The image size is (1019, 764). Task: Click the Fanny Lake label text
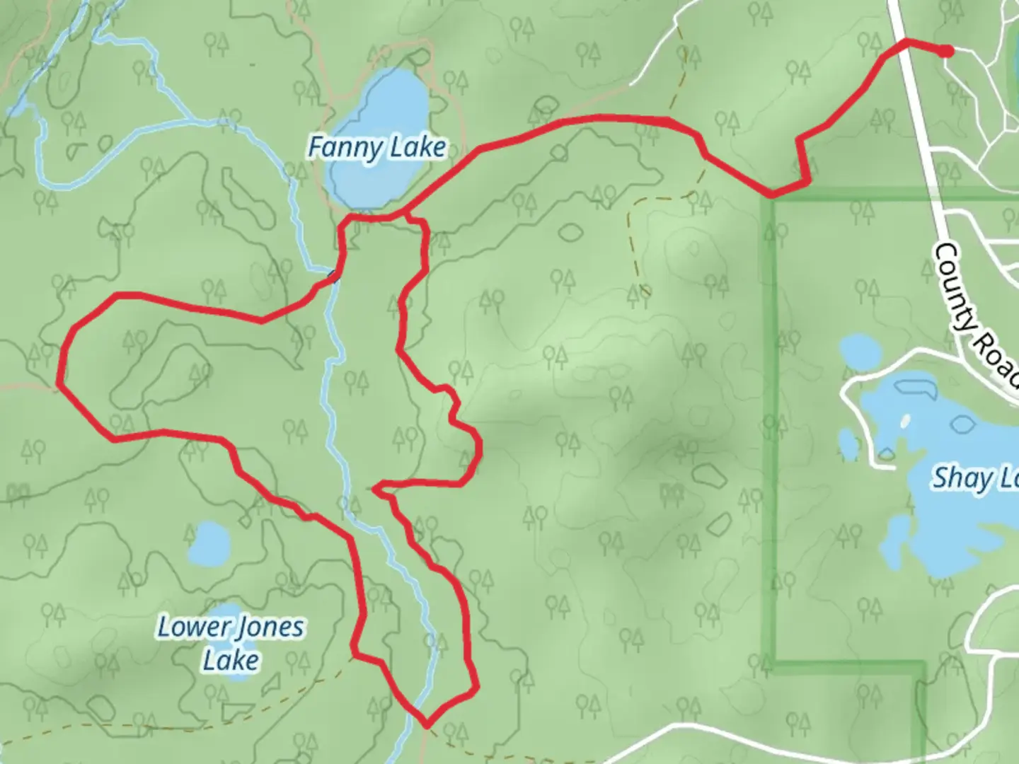[x=376, y=148]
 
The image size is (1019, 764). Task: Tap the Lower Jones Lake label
[x=231, y=643]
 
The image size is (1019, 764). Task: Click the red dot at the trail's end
[x=945, y=50]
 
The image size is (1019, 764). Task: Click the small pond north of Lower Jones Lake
[x=209, y=544]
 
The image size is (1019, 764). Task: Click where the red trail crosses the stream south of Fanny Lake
[x=333, y=277]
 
